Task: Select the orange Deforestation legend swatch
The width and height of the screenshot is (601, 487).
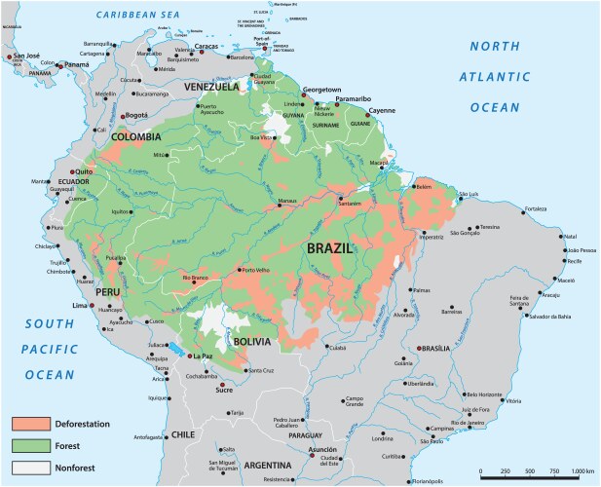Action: [30, 424]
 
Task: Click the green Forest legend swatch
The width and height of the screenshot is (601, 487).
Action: [30, 445]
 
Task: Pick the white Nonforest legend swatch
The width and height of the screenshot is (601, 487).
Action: [30, 467]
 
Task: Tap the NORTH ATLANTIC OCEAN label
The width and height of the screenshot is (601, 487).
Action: [507, 77]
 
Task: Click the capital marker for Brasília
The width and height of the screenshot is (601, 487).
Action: [420, 349]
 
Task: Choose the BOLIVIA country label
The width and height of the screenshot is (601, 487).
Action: [252, 342]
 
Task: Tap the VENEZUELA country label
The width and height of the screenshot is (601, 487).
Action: [210, 87]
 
